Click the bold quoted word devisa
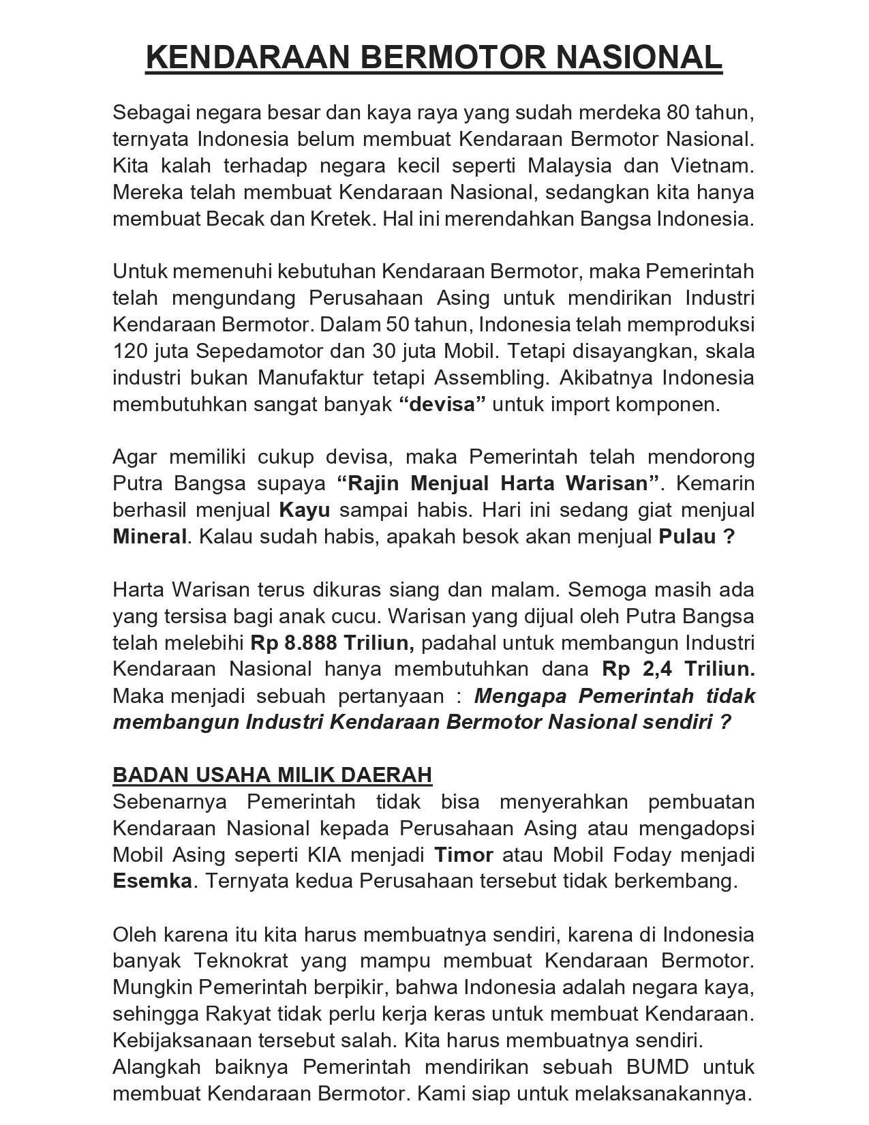click(x=442, y=404)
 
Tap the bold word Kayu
click(x=305, y=510)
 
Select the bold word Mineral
click(x=149, y=537)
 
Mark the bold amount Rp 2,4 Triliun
click(x=678, y=669)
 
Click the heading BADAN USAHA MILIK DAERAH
click(x=272, y=775)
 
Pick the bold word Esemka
click(x=152, y=881)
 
